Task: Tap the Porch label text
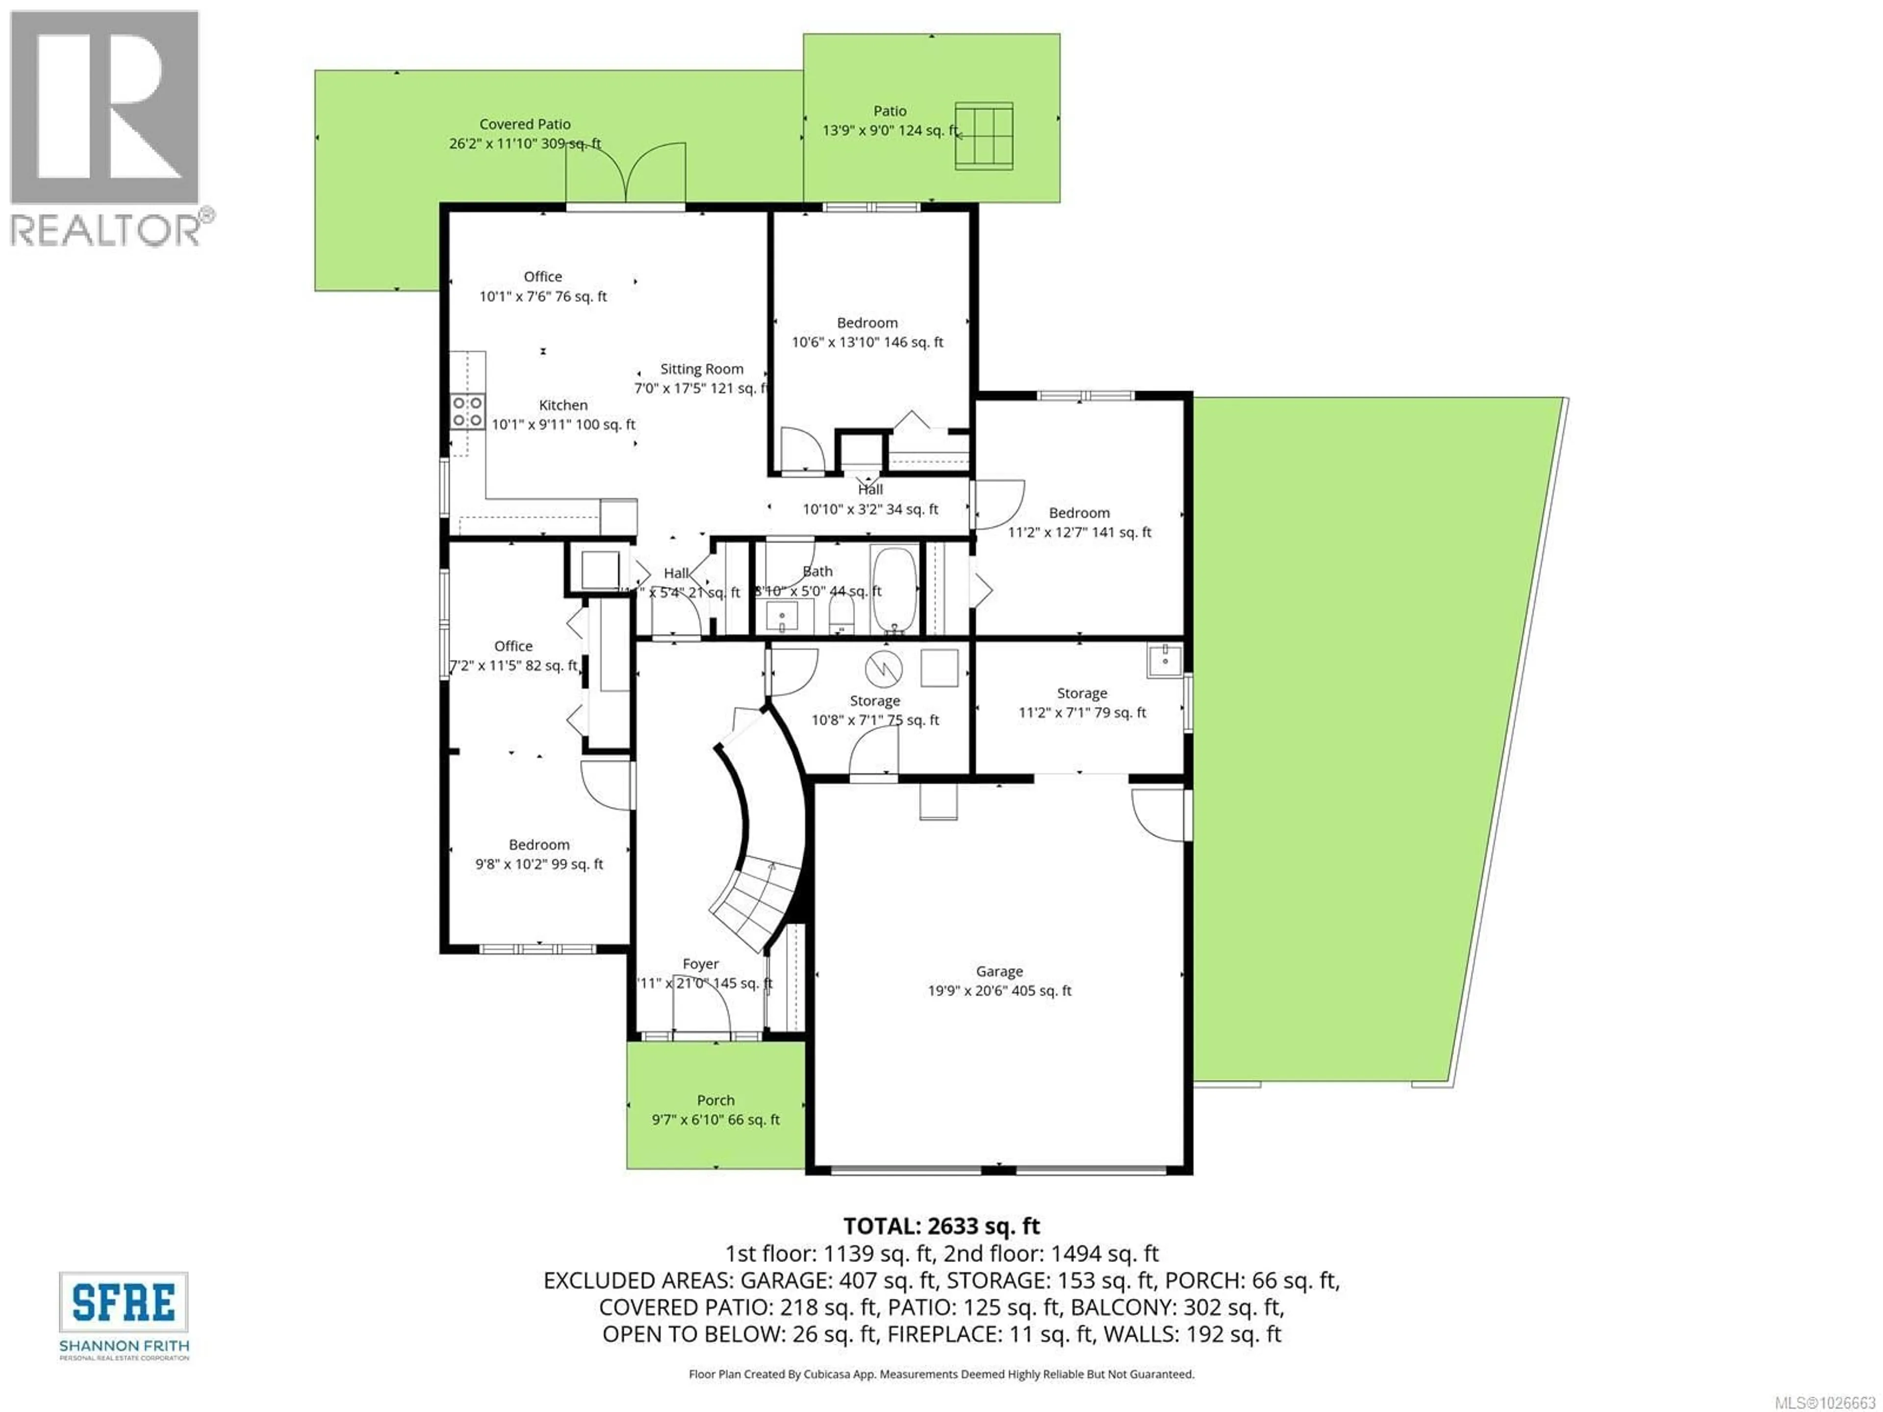pyautogui.click(x=715, y=1101)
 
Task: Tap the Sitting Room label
pyautogui.click(x=701, y=369)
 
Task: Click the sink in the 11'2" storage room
pyautogui.click(x=1164, y=659)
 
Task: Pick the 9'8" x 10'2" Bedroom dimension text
pyautogui.click(x=539, y=864)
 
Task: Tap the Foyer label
pyautogui.click(x=701, y=963)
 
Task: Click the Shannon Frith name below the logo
pyautogui.click(x=124, y=1346)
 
